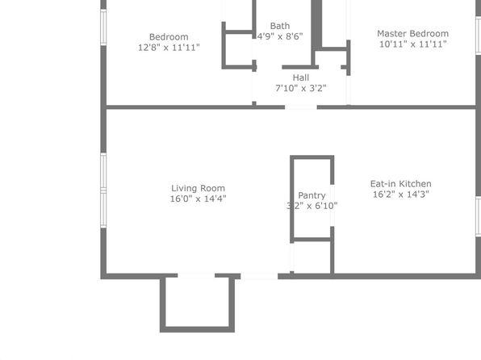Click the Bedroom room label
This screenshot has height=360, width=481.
[169, 37]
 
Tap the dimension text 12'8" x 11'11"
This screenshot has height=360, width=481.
[169, 48]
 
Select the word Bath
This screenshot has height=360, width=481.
[280, 26]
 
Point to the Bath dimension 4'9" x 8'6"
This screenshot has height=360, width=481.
[280, 36]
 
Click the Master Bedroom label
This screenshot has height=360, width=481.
[412, 33]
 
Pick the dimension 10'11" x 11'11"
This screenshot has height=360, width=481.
[412, 44]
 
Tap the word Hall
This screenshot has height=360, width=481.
[300, 77]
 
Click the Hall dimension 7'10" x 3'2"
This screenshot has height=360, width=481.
[300, 89]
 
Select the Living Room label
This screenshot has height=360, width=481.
[198, 188]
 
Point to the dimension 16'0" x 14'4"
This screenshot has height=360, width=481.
[198, 199]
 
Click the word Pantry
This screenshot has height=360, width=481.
[312, 195]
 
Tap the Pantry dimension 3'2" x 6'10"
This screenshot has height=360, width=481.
[312, 206]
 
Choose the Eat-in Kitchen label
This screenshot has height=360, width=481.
[400, 184]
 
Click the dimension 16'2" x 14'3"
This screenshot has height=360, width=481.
[400, 195]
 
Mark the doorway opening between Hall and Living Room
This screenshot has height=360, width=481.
[300, 107]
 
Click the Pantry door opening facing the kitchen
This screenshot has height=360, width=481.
[332, 206]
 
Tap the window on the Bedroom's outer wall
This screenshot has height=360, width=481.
[103, 27]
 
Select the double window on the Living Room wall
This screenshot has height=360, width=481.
[103, 190]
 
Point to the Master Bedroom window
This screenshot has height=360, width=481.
[478, 36]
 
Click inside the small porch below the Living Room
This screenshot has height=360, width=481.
[197, 303]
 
